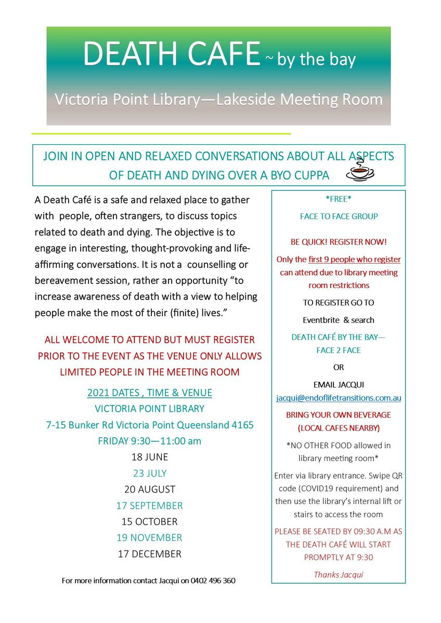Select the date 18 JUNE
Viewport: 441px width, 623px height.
(x=150, y=457)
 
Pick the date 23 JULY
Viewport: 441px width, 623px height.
(x=150, y=473)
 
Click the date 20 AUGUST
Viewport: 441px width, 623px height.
(x=150, y=490)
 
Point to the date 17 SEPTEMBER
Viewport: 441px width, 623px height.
(x=150, y=506)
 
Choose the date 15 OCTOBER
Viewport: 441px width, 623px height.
(x=150, y=522)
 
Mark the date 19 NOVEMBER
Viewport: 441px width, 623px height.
(x=150, y=538)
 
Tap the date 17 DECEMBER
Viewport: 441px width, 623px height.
(x=150, y=554)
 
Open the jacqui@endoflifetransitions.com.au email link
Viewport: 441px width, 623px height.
(x=339, y=398)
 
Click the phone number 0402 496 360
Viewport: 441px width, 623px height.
(x=213, y=580)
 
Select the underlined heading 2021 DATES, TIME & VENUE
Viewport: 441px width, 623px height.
(x=150, y=393)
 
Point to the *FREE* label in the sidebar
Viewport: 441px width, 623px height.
(x=339, y=198)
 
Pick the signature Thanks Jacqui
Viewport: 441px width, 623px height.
(x=339, y=574)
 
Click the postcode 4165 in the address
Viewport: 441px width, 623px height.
(x=242, y=425)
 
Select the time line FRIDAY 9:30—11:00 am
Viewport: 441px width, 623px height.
(x=150, y=441)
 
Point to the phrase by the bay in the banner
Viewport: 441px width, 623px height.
(x=316, y=59)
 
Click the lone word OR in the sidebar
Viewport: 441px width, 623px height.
(x=339, y=368)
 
